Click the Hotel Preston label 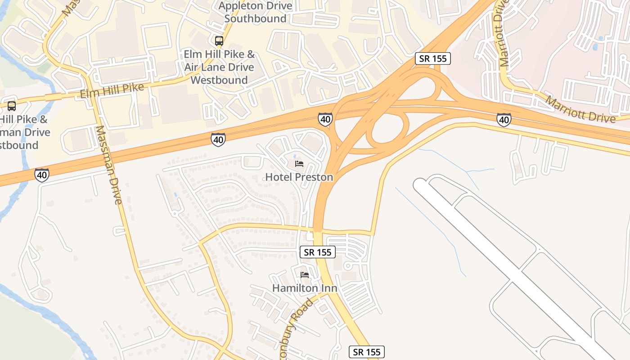click(299, 177)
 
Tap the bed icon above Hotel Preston click(299, 163)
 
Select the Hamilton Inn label click(305, 288)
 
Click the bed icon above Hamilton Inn click(305, 274)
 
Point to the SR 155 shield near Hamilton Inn click(318, 252)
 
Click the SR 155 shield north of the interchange click(432, 58)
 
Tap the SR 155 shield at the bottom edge click(367, 352)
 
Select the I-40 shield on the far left click(42, 175)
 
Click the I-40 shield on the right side click(504, 120)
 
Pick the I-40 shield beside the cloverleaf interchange click(325, 119)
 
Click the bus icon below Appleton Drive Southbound click(219, 41)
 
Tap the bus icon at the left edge click(12, 106)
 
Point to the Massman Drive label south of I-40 click(108, 165)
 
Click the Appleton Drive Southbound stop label click(255, 12)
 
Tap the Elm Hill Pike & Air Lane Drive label click(219, 67)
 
